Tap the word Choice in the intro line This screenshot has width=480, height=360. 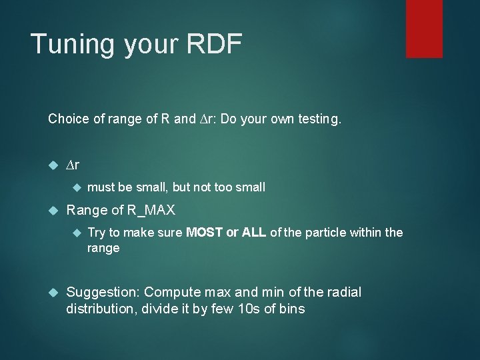67,119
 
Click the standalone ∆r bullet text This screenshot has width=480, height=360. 73,164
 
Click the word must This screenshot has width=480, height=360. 101,187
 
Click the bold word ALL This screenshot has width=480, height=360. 255,233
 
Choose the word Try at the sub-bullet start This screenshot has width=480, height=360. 96,233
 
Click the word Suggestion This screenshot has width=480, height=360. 103,292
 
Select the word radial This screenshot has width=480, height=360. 341,292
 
